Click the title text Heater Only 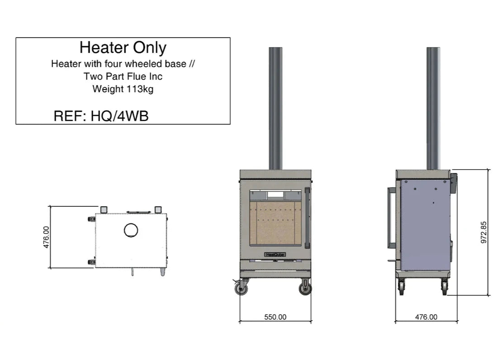(123, 47)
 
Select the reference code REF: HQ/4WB (101, 116)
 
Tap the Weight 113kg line (123, 89)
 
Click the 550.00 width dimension (275, 317)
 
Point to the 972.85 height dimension (484, 232)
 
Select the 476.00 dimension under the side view (426, 317)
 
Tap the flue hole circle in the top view (131, 230)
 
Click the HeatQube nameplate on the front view (276, 255)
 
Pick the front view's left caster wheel (242, 288)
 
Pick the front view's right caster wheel (305, 288)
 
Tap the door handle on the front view (308, 217)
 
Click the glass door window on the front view (275, 218)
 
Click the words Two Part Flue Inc (123, 76)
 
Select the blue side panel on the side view (425, 226)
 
